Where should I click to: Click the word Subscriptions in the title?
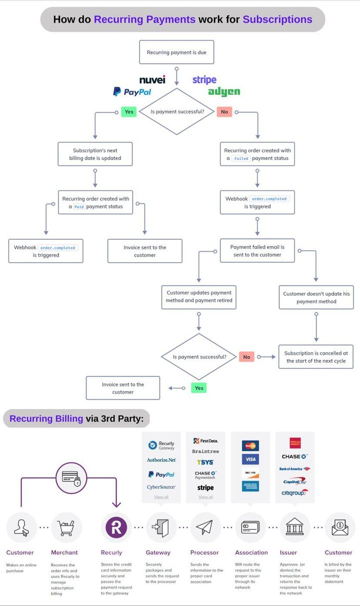(277, 20)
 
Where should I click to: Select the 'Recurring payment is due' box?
(176, 52)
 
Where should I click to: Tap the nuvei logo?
(152, 80)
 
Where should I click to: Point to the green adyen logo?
(223, 92)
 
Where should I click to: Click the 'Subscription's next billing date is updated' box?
(95, 154)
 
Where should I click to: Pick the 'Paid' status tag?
(79, 206)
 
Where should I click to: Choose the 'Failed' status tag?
(241, 158)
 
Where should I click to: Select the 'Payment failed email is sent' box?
(257, 251)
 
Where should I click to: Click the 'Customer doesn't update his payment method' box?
(316, 297)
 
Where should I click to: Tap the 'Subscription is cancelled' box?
(315, 357)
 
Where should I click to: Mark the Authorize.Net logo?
(161, 460)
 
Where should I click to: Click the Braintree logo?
(205, 451)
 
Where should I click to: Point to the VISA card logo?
(250, 459)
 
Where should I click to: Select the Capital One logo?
(294, 481)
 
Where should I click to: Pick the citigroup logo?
(294, 492)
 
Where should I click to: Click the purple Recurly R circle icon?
(116, 527)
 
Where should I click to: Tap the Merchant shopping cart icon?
(66, 527)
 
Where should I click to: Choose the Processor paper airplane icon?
(205, 527)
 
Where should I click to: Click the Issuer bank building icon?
(294, 527)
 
